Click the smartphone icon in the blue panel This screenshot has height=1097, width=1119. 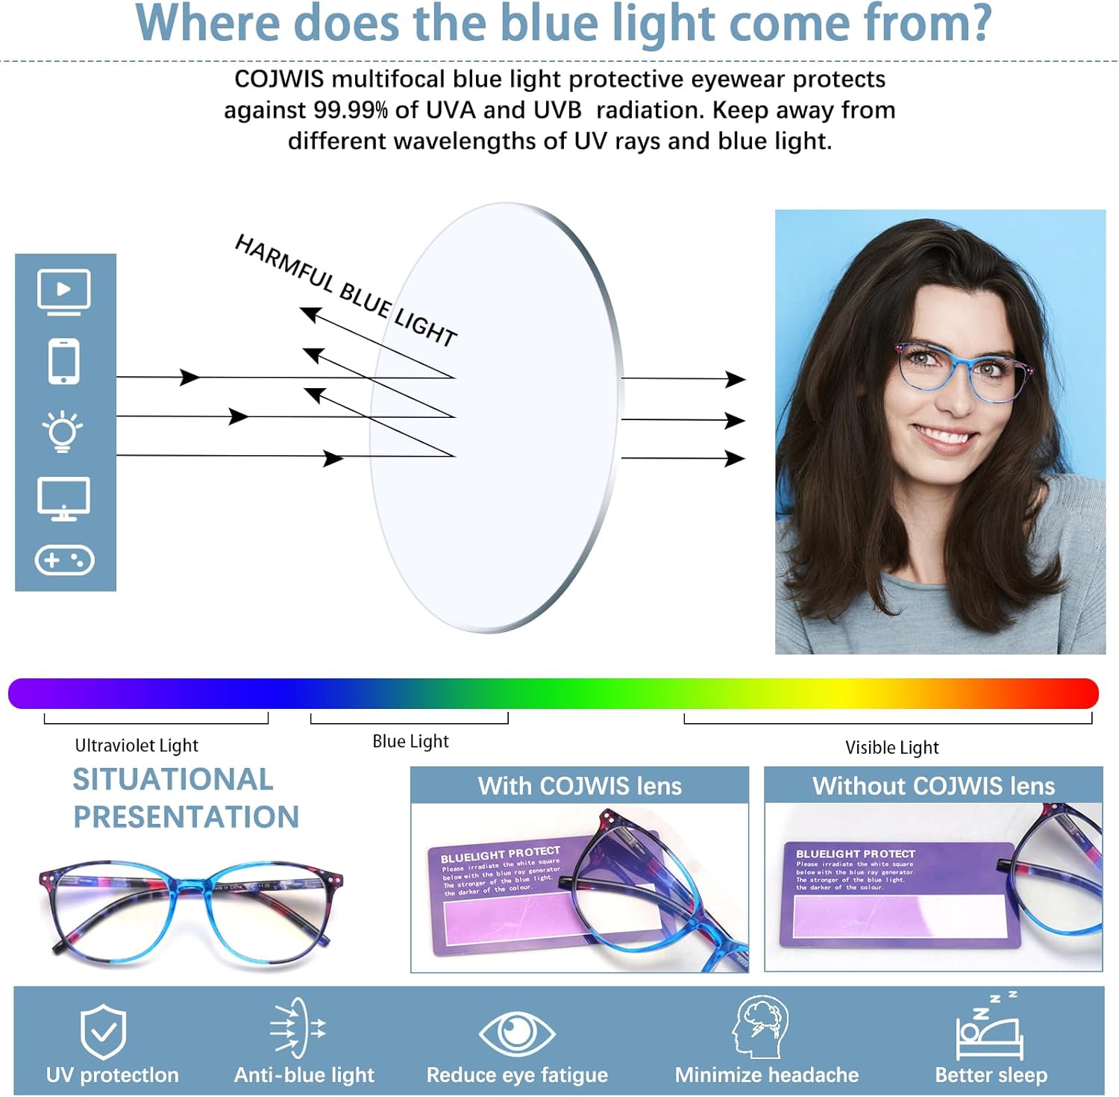click(x=64, y=362)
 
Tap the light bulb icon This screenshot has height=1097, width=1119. click(x=63, y=431)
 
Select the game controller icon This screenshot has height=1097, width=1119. click(x=65, y=560)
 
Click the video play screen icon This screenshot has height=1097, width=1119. click(x=64, y=291)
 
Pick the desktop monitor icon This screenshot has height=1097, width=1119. click(x=64, y=499)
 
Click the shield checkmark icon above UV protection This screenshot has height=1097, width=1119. click(x=104, y=1031)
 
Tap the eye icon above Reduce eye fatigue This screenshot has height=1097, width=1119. click(x=516, y=1033)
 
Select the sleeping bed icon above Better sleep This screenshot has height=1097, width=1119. click(x=989, y=1030)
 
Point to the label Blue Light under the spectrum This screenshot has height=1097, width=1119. click(x=410, y=741)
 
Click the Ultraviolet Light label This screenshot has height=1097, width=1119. click(x=137, y=746)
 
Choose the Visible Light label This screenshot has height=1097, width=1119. click(x=891, y=747)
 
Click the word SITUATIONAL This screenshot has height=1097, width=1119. click(x=173, y=779)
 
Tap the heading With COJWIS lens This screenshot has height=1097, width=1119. click(x=580, y=786)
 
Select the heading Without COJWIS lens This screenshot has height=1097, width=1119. click(x=933, y=786)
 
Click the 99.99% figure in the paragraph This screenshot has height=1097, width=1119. click(x=350, y=110)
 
